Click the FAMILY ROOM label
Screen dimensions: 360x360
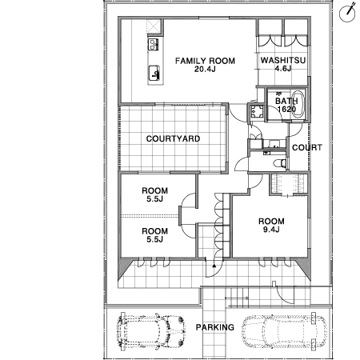tap(205, 61)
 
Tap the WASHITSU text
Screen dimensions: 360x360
tap(283, 60)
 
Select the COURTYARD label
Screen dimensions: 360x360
tap(173, 138)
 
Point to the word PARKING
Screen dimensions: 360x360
tap(215, 327)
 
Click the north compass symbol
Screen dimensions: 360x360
tap(348, 12)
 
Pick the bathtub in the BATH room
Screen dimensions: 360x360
tap(298, 104)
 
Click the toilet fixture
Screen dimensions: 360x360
tap(280, 162)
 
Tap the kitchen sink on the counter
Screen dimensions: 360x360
tap(154, 73)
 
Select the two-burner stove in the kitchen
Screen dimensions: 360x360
tap(153, 44)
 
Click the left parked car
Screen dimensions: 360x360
tap(150, 331)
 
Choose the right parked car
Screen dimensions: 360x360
tap(285, 331)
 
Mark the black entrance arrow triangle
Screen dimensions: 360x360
tap(214, 266)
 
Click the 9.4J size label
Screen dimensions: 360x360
tap(271, 230)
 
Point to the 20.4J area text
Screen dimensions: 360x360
tap(205, 69)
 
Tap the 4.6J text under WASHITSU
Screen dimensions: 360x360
tap(283, 69)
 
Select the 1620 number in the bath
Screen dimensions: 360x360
tap(286, 109)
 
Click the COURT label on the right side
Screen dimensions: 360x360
tap(307, 147)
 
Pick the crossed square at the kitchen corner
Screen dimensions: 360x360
tap(154, 26)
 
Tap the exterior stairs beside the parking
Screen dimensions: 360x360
tap(237, 298)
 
